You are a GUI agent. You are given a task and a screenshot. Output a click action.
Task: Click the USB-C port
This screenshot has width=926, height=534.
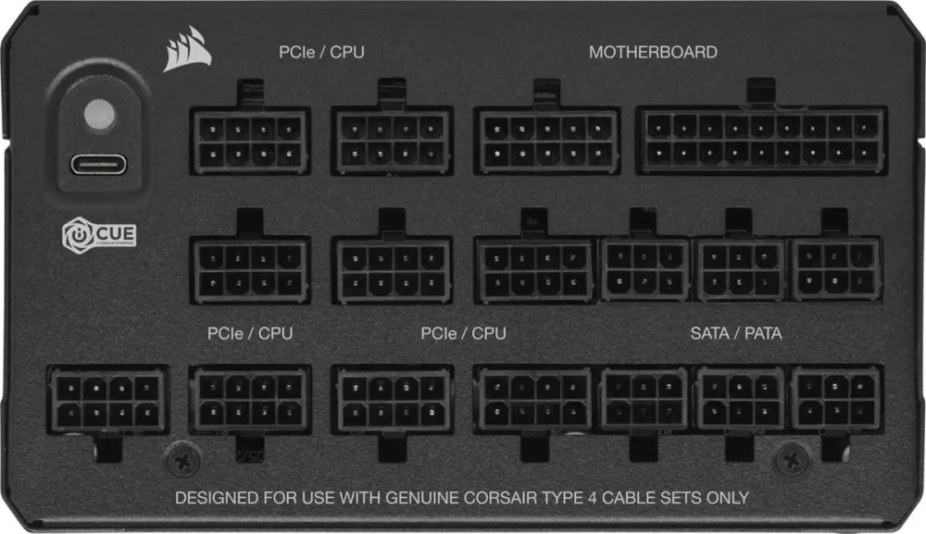99,165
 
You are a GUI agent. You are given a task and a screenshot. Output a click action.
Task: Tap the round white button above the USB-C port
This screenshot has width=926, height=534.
99,114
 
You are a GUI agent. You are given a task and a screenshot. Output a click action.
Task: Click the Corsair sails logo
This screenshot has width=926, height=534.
187,50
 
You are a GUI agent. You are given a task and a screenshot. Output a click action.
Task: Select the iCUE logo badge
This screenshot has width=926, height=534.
99,235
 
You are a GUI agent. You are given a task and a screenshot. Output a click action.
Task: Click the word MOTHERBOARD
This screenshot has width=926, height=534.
653,52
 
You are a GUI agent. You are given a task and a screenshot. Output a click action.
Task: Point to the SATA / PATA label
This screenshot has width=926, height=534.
736,333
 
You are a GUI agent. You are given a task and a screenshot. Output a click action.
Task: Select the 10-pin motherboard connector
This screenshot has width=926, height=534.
547,141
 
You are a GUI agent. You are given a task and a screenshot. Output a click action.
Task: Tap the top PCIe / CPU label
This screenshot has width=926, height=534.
321,52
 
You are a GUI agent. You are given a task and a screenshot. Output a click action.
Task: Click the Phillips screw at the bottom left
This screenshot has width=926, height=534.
183,459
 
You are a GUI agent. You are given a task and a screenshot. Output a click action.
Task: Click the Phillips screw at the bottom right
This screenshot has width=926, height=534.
792,459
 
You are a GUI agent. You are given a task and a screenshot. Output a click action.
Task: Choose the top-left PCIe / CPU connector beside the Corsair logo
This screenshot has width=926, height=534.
250,141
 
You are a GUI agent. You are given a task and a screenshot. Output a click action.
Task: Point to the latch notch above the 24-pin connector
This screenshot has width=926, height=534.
760,92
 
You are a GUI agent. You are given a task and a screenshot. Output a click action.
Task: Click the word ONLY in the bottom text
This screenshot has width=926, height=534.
727,498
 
